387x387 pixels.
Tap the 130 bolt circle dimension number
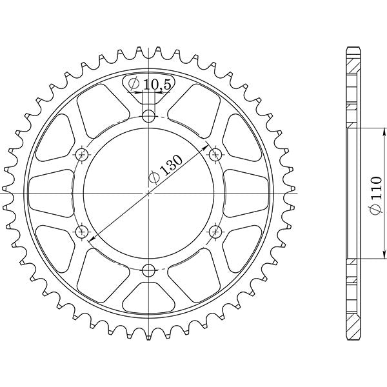171,166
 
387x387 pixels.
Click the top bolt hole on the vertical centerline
149,117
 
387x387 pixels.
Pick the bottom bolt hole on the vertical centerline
149,269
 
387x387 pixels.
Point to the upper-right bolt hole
215,154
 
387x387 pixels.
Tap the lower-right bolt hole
215,231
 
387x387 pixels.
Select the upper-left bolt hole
83,154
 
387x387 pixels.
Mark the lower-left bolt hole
83,231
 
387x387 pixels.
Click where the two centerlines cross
149,193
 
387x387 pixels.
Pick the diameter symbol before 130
154,180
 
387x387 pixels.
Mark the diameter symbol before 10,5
134,84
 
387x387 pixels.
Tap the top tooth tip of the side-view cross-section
352,49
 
